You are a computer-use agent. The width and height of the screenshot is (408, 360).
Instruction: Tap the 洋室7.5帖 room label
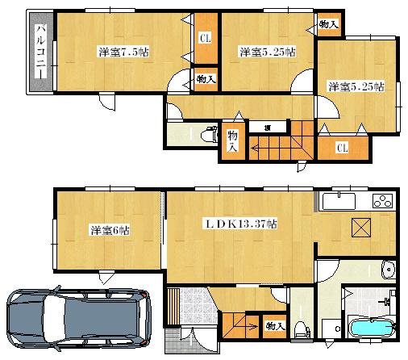pyautogui.click(x=123, y=52)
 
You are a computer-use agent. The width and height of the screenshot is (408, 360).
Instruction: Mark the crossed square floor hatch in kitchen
pyautogui.click(x=360, y=228)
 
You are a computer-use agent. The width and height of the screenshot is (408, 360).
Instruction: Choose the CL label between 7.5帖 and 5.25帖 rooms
pyautogui.click(x=205, y=36)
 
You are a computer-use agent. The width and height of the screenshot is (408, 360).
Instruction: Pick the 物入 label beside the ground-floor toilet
pyautogui.click(x=274, y=325)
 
